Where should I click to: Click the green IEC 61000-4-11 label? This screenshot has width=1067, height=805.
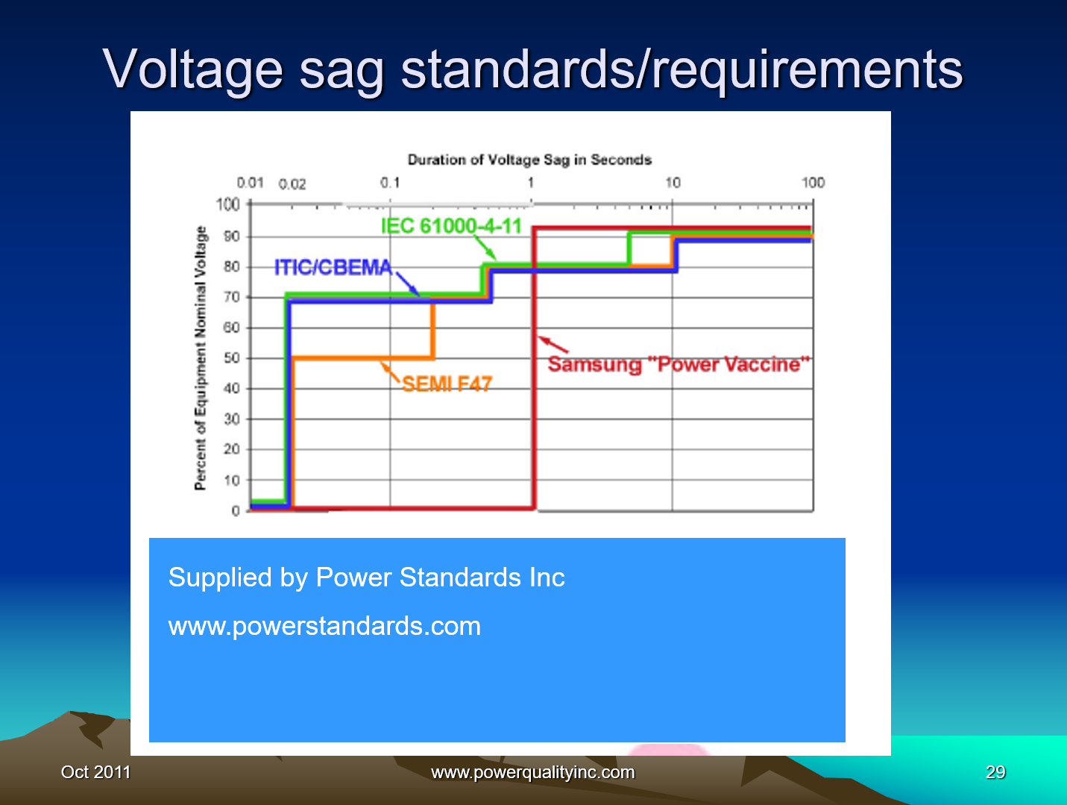tap(451, 225)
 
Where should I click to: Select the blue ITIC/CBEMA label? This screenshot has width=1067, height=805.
tap(333, 267)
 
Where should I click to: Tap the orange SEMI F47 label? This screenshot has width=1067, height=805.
tap(447, 384)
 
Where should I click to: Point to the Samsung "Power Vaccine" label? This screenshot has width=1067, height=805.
tap(679, 364)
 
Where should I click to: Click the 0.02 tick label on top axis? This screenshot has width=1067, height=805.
tap(292, 184)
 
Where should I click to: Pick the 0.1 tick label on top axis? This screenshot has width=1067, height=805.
tap(390, 183)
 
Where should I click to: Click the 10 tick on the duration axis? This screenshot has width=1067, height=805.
tap(673, 183)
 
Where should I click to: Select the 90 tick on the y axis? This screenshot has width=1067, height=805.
tap(232, 237)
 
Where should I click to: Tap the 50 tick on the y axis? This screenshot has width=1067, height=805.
tap(232, 358)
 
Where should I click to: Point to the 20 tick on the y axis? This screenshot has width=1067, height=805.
tap(232, 449)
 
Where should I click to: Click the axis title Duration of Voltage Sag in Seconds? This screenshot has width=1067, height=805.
tap(529, 160)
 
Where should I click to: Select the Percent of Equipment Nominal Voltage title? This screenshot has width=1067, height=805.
tap(200, 358)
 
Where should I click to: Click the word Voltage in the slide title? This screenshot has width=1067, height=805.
tap(193, 69)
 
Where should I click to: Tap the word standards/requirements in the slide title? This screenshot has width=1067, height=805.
tap(682, 69)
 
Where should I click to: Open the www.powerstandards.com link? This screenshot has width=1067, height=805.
tap(324, 626)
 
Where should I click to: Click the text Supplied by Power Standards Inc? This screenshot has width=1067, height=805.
tap(366, 577)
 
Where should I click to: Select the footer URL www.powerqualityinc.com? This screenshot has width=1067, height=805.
tap(532, 772)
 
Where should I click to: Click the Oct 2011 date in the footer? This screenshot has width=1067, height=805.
tap(95, 772)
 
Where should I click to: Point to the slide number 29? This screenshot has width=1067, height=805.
tap(995, 772)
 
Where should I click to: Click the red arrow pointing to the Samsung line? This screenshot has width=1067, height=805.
tap(553, 344)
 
